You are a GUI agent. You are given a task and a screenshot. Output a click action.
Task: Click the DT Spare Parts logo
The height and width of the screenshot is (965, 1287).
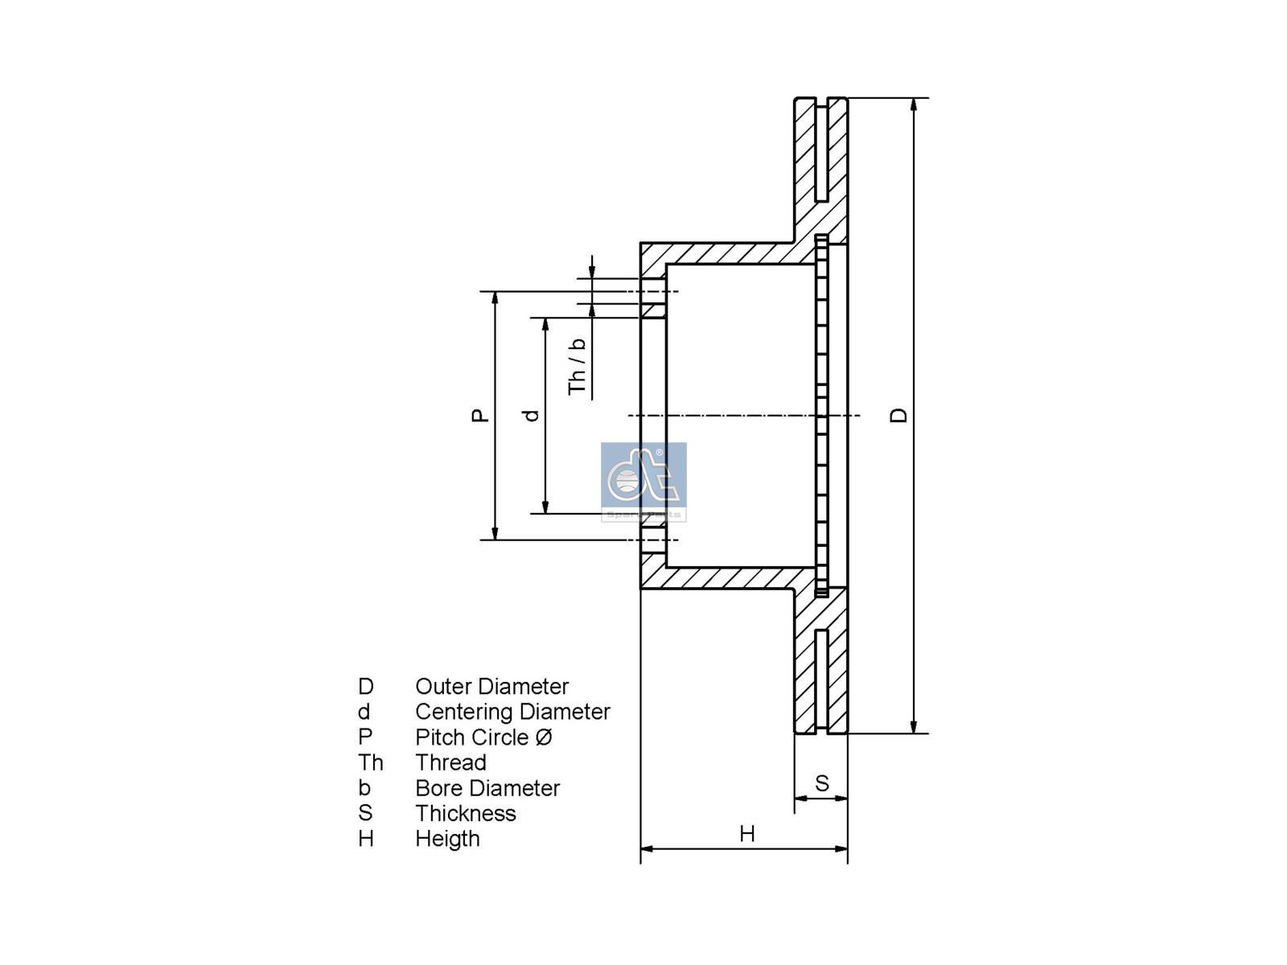643,481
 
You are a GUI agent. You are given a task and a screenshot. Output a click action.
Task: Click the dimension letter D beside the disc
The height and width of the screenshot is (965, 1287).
899,415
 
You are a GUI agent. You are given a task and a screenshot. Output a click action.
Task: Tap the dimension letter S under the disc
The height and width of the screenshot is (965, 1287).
821,783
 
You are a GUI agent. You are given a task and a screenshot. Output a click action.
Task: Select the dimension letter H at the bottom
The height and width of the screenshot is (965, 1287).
747,834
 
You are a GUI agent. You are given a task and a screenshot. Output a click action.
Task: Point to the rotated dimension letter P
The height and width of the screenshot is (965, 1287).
480,415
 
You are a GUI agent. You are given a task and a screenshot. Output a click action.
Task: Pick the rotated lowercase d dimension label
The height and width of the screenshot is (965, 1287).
531,415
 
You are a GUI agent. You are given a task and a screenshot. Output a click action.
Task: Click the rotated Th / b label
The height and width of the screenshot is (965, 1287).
578,366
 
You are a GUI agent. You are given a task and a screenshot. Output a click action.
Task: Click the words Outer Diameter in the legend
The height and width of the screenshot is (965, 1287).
491,687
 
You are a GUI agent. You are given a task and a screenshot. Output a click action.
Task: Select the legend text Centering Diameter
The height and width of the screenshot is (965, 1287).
512,712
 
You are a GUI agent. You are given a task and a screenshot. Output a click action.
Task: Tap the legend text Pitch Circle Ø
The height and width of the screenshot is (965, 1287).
483,737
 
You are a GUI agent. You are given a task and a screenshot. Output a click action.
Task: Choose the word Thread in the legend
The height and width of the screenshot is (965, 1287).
450,762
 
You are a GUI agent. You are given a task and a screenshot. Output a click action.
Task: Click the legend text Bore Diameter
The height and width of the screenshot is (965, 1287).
487,788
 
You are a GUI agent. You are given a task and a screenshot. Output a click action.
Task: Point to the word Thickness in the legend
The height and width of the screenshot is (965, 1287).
466,813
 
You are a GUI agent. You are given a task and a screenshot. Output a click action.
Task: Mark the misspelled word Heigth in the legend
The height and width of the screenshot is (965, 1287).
447,839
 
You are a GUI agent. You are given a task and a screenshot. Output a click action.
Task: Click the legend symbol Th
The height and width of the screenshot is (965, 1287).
370,762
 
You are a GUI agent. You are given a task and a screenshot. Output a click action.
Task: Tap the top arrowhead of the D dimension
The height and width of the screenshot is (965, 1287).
914,105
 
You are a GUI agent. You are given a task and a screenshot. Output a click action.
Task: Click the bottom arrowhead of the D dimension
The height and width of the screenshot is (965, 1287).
914,727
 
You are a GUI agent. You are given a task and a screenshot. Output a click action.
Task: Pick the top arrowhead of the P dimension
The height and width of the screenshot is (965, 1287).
495,298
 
